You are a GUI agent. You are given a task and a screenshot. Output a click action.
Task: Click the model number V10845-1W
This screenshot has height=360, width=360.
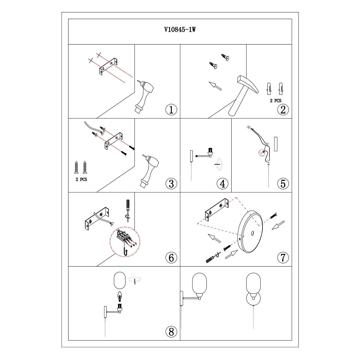click(180, 30)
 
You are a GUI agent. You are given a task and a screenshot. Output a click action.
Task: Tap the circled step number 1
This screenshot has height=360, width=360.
click(171, 109)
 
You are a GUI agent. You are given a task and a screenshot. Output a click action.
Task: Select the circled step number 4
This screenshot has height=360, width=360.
click(222, 184)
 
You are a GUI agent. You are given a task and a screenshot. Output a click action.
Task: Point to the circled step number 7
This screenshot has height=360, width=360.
click(283, 258)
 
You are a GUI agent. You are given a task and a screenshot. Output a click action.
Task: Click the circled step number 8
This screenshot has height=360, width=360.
click(171, 332)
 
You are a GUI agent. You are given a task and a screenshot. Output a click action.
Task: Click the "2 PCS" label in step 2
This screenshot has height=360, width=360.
click(276, 101)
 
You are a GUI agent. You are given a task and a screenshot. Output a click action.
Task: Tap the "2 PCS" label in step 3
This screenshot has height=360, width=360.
click(81, 179)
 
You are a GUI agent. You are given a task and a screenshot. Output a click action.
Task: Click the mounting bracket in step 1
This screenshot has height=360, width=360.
click(108, 66)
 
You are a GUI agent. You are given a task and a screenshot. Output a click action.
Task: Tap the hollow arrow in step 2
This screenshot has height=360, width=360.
click(215, 86)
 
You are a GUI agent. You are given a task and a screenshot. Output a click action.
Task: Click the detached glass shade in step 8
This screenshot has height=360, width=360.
click(120, 281)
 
